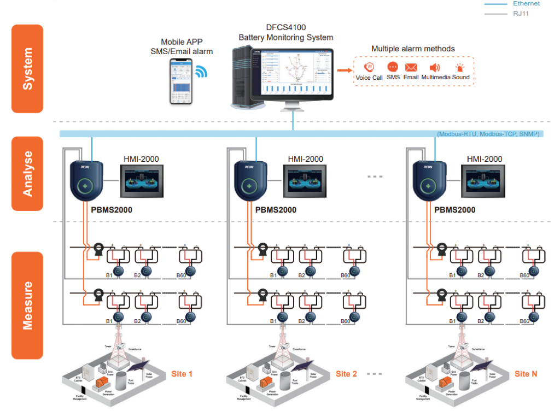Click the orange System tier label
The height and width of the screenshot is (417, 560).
[x=27, y=69]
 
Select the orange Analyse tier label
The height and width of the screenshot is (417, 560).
[x=27, y=173]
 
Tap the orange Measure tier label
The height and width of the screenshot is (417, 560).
[x=27, y=305]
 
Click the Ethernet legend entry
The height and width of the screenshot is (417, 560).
[x=526, y=4]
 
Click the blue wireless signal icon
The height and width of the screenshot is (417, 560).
[x=201, y=72]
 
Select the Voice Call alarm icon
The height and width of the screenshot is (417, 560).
[x=369, y=67]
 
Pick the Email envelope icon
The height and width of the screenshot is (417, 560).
[x=411, y=68]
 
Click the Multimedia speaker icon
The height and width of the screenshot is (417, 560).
[x=435, y=68]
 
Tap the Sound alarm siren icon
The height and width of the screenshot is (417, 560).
[x=460, y=68]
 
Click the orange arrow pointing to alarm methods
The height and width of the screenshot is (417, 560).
[x=344, y=70]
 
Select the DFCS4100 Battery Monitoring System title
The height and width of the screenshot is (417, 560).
[x=285, y=33]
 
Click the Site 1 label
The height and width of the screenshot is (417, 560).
[x=182, y=374]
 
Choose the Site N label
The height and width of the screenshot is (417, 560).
[x=526, y=374]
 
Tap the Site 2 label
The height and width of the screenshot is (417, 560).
[x=346, y=374]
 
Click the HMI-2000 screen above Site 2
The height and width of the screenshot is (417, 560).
[x=305, y=181]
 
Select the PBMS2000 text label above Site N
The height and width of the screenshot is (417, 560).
[x=454, y=210]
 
